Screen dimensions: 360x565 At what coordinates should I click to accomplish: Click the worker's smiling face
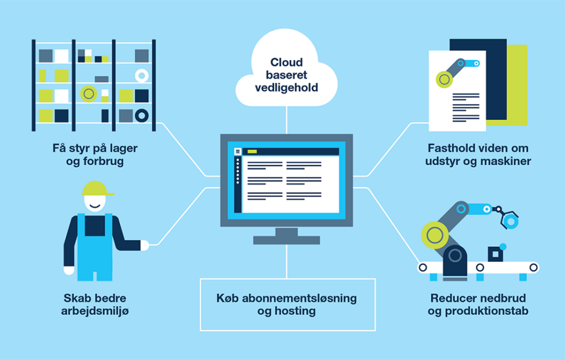click(95, 203)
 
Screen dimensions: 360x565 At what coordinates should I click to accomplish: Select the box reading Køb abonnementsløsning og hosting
click(287, 304)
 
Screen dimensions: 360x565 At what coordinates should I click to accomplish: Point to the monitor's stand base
click(286, 240)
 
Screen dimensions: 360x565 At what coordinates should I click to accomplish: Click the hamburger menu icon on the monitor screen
click(238, 151)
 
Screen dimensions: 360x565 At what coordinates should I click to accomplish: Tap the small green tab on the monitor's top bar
click(252, 151)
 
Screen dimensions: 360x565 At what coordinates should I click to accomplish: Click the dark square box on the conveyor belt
click(495, 253)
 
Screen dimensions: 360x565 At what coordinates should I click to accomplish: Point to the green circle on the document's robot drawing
click(444, 80)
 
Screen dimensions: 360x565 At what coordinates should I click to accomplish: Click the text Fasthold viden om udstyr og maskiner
click(478, 155)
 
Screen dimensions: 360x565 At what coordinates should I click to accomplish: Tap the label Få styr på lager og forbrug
click(95, 155)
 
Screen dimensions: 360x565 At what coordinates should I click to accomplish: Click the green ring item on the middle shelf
click(88, 93)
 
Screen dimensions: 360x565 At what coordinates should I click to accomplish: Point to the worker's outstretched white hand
click(145, 245)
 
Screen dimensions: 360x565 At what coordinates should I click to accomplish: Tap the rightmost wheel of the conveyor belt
click(533, 268)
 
